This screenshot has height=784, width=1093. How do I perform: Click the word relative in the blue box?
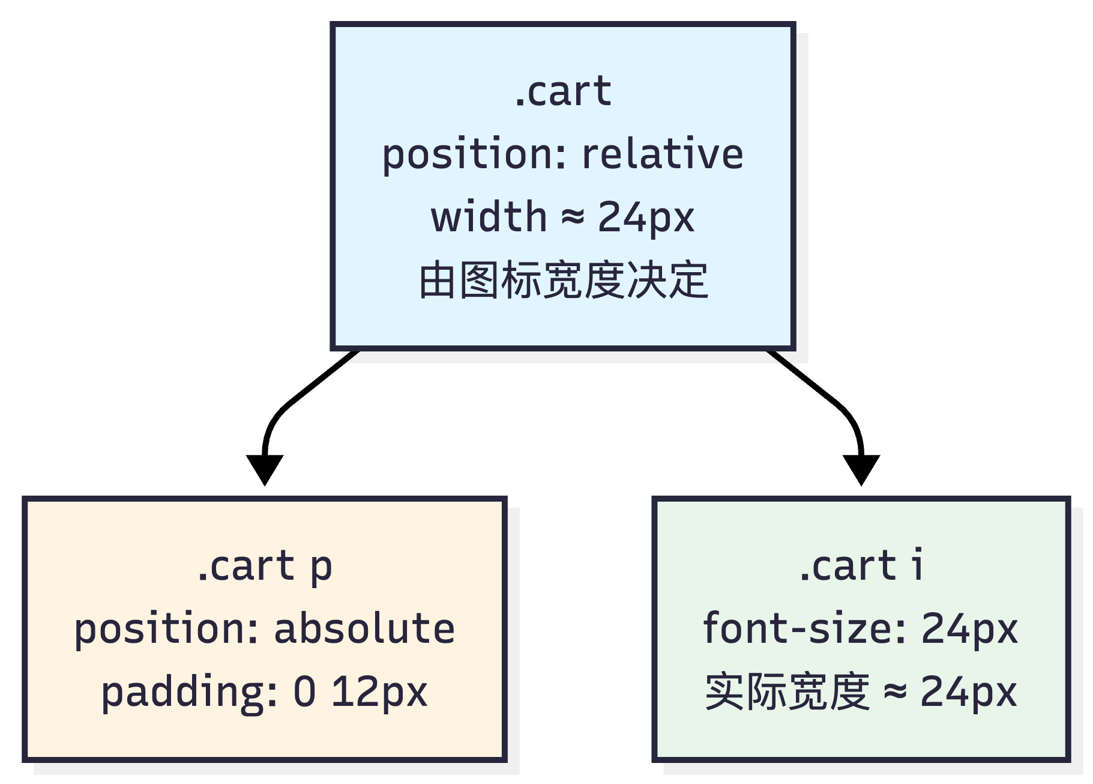click(x=663, y=154)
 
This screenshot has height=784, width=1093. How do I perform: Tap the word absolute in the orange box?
click(x=364, y=628)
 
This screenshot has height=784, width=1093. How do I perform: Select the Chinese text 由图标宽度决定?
click(x=563, y=280)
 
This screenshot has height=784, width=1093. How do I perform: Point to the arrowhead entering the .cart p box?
click(x=265, y=469)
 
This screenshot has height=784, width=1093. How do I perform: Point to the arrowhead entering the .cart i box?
click(x=861, y=469)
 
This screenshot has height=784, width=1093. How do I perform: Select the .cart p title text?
click(x=265, y=566)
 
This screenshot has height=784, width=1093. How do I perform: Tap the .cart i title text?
click(x=861, y=566)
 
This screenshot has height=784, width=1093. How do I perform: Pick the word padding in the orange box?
click(x=189, y=692)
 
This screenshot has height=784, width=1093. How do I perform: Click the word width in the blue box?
click(x=489, y=217)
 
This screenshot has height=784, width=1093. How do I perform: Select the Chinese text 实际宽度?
click(x=787, y=692)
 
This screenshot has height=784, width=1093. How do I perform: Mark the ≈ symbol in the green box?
click(x=895, y=692)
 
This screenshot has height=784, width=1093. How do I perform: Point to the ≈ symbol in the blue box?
click(x=573, y=217)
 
